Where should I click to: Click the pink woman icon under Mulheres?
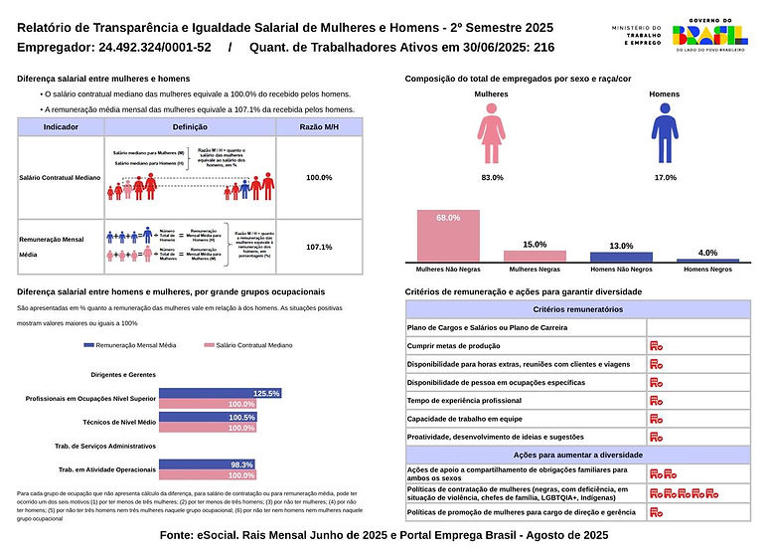pyautogui.click(x=490, y=136)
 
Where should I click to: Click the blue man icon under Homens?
pyautogui.click(x=664, y=136)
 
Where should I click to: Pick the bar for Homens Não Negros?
pyautogui.click(x=621, y=257)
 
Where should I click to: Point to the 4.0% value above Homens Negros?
pyautogui.click(x=707, y=253)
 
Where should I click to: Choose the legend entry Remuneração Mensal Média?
pyautogui.click(x=135, y=345)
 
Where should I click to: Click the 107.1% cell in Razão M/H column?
pyautogui.click(x=319, y=246)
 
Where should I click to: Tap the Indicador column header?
pyautogui.click(x=61, y=127)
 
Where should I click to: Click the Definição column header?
pyautogui.click(x=190, y=127)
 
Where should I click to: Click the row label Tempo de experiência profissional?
pyautogui.click(x=464, y=400)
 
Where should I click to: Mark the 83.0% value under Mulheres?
pyautogui.click(x=492, y=177)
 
